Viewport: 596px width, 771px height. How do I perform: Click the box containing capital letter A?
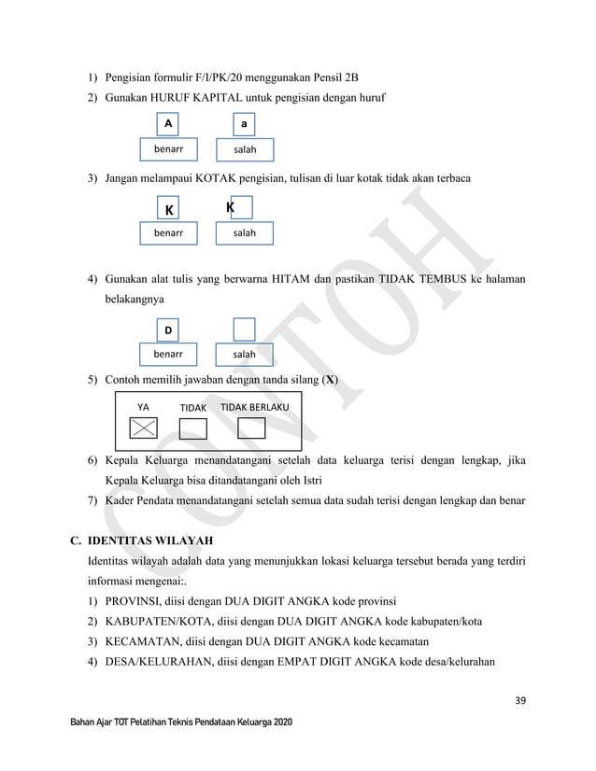pyautogui.click(x=168, y=124)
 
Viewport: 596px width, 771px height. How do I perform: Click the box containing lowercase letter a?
pyautogui.click(x=243, y=124)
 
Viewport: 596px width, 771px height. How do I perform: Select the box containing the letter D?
pyautogui.click(x=168, y=329)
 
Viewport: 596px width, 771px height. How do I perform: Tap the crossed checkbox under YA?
pyautogui.click(x=143, y=428)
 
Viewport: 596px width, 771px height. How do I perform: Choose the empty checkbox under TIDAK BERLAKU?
pyautogui.click(x=252, y=428)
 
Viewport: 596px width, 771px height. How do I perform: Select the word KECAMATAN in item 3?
pyautogui.click(x=143, y=642)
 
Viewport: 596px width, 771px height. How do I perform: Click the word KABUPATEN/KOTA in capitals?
pyautogui.click(x=158, y=621)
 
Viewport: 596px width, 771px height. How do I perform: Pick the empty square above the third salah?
pyautogui.click(x=244, y=329)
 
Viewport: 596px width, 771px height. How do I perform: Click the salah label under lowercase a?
pyautogui.click(x=245, y=149)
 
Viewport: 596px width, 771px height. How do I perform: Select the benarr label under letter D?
pyautogui.click(x=168, y=355)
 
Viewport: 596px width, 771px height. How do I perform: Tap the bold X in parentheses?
pyautogui.click(x=330, y=381)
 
